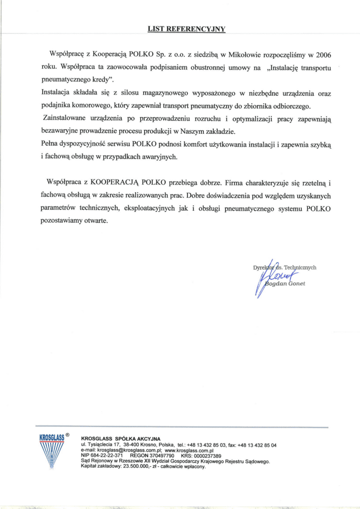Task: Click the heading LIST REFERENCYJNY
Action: click(186, 29)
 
